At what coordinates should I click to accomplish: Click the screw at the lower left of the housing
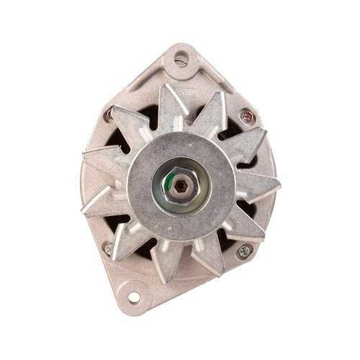tap(109, 248)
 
